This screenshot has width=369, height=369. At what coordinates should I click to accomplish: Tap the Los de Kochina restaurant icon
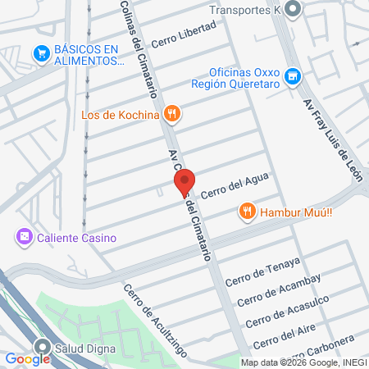[171, 114]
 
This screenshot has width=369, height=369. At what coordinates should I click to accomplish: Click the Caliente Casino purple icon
[25, 238]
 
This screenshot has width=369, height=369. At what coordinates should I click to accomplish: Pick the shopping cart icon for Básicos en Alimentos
[40, 54]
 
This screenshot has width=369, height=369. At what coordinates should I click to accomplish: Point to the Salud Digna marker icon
[41, 346]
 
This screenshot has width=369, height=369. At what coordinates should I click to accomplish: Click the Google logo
[27, 358]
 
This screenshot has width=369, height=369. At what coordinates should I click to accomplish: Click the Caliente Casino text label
[75, 239]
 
